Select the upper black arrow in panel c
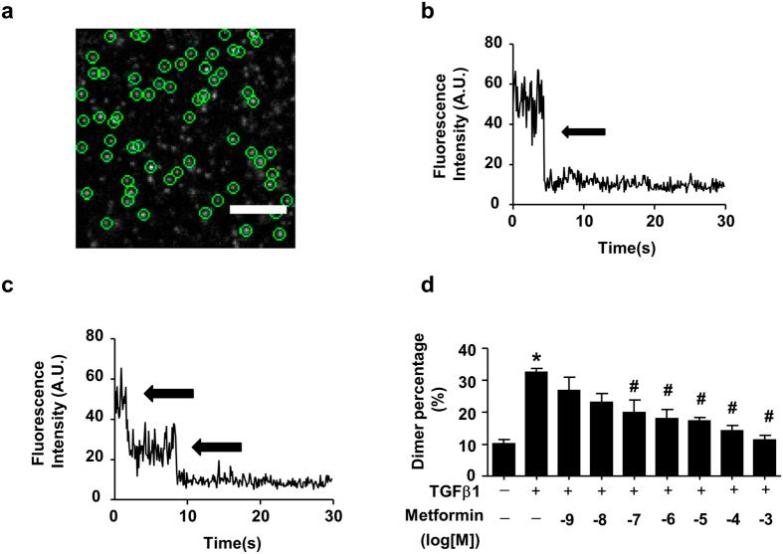168,394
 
